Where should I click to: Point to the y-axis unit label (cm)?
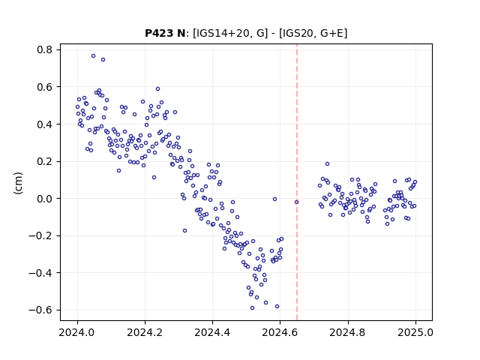[x=18, y=183]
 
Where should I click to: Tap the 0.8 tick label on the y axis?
[x=45, y=49]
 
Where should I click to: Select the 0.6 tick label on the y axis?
[x=45, y=87]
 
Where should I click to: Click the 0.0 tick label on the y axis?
[x=45, y=199]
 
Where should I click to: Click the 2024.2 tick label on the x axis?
[x=145, y=332]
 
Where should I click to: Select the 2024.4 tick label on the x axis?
[x=212, y=332]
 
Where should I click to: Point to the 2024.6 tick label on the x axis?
[x=280, y=332]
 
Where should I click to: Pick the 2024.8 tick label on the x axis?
[x=347, y=332]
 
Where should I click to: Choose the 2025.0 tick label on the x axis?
[x=415, y=332]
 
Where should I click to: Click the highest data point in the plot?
[x=93, y=55]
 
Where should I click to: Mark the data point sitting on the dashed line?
[x=296, y=202]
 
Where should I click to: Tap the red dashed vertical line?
[x=297, y=182]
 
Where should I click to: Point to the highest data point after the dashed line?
[x=327, y=163]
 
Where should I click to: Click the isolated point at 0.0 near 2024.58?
[x=275, y=199]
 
